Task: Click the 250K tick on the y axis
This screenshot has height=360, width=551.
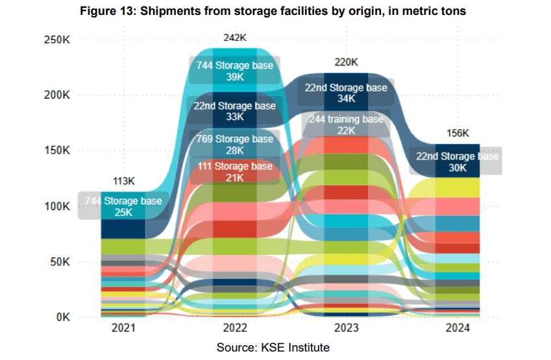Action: [x=56, y=40]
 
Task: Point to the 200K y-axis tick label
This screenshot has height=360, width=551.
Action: [x=56, y=95]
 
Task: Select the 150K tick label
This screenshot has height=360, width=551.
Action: [x=56, y=151]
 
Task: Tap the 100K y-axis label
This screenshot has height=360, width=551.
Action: [x=56, y=206]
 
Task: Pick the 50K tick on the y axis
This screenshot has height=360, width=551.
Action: [x=59, y=262]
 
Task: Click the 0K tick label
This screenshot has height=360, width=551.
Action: [x=62, y=318]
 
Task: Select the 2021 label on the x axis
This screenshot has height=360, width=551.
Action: [x=123, y=328]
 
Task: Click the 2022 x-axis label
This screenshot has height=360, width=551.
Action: [x=234, y=328]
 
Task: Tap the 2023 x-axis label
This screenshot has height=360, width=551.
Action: [x=346, y=328]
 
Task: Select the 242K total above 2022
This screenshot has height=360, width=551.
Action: [x=234, y=38]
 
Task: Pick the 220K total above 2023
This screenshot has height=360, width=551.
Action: [x=346, y=62]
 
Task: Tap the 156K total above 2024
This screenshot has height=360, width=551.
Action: [x=458, y=133]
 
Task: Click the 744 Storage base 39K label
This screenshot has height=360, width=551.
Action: [x=235, y=71]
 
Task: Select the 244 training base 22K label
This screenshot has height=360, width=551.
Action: [x=346, y=125]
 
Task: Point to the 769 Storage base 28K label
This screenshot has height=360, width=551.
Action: [x=235, y=145]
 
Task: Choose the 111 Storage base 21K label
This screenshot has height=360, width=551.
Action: [x=235, y=172]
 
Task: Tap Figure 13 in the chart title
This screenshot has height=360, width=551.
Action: [x=111, y=11]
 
